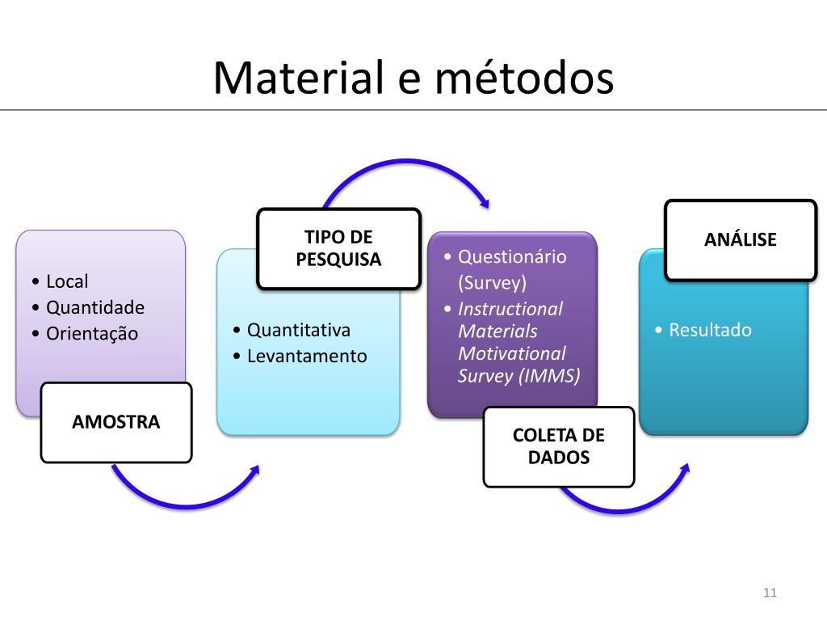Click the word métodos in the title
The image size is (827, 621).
525,78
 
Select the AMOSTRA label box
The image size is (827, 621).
116,422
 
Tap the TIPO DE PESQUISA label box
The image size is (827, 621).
338,248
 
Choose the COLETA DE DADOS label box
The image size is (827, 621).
559,446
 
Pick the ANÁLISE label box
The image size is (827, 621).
741,239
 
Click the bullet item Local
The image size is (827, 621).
67,282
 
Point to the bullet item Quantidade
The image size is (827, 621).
95,308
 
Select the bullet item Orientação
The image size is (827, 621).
92,334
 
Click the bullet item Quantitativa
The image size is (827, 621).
298,330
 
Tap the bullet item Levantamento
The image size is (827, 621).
307,356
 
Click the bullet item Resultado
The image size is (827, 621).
710,330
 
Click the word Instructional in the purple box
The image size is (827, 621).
510,309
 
